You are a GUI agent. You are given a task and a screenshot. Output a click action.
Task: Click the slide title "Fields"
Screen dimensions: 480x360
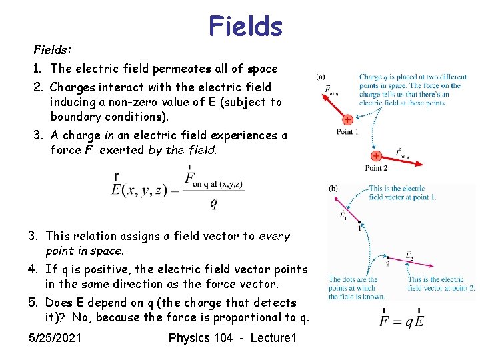coord(245,27)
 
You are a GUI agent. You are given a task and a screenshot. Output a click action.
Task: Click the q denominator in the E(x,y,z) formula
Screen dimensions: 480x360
coord(213,204)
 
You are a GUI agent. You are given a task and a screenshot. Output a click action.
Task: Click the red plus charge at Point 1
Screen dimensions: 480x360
coord(347,120)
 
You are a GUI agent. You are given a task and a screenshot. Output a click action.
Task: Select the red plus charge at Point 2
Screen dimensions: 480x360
coord(376,156)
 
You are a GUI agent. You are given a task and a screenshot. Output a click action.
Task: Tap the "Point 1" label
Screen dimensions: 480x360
coord(348,132)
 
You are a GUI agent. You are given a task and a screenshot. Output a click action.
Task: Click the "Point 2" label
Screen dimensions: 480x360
coord(377,168)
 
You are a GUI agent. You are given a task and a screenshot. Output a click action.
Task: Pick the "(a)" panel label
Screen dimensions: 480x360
coord(321,77)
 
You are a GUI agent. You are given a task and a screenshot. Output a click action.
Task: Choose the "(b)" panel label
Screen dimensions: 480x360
coord(333,189)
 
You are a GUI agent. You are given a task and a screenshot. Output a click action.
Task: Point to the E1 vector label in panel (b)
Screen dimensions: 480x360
coord(343,215)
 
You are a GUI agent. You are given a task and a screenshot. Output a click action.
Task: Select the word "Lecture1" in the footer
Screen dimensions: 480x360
coord(273,338)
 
